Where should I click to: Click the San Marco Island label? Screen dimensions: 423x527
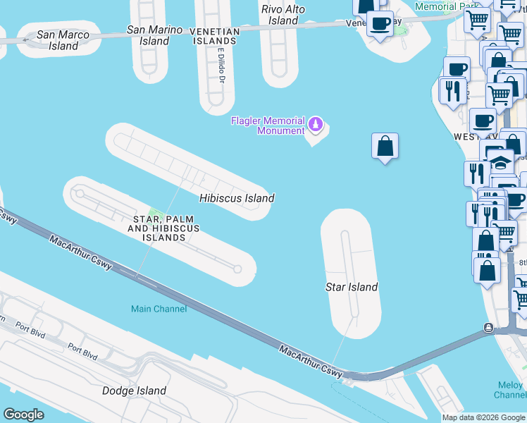tap(63, 40)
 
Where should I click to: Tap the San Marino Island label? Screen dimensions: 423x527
tap(154, 35)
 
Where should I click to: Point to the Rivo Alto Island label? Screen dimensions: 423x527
tap(283, 15)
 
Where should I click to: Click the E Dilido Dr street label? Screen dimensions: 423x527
tap(221, 66)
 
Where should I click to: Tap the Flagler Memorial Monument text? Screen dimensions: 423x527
tap(268, 125)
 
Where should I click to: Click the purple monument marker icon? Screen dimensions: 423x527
tap(316, 125)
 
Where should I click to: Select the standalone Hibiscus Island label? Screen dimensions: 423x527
tap(236, 198)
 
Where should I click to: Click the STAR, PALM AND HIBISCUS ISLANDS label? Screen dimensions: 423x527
tap(164, 228)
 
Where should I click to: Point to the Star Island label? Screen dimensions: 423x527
tap(351, 287)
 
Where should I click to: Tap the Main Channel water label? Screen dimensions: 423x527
tap(159, 309)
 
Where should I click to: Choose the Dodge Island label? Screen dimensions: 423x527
tap(134, 391)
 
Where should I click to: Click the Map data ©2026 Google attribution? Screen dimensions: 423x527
tap(483, 417)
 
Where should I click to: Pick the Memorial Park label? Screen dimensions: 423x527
tap(446, 6)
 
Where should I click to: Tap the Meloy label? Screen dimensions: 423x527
tap(510, 385)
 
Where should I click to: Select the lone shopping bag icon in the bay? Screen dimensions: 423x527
tap(385, 147)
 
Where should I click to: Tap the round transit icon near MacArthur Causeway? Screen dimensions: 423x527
tap(488, 327)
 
